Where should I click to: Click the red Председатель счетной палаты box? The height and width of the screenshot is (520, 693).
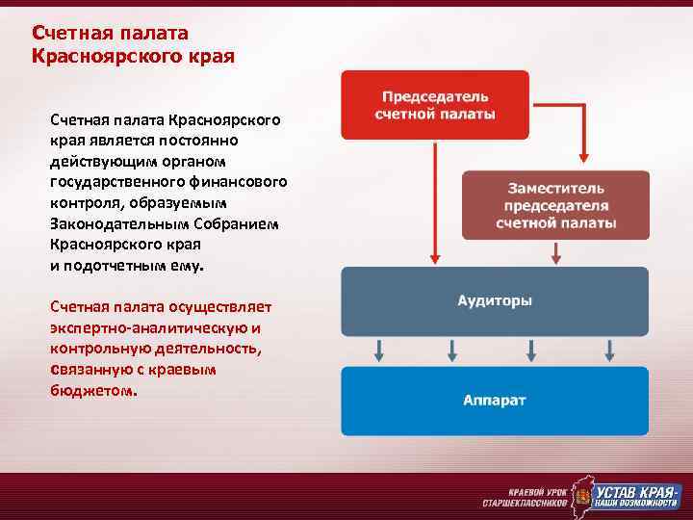(434, 105)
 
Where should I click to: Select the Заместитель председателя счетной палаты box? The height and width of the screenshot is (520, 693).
(555, 205)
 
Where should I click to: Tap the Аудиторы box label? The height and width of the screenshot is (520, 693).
(495, 300)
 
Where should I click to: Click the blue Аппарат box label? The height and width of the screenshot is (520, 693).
(495, 400)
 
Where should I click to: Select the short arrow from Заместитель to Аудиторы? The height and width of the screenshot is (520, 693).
(555, 252)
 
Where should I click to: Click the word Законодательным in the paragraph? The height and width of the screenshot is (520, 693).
(115, 223)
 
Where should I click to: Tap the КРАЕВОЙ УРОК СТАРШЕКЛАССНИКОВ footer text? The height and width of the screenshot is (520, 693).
(525, 496)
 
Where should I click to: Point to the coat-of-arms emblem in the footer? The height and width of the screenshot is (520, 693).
(579, 498)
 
